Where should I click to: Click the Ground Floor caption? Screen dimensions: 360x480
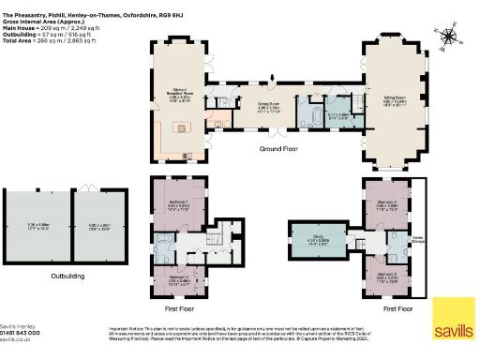(276, 148)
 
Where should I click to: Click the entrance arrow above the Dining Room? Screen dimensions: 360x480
(273, 82)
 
